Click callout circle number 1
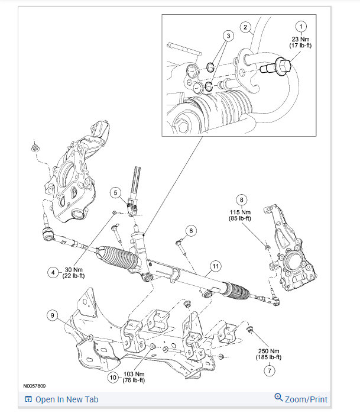[x=301, y=27]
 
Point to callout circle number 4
[x=54, y=272]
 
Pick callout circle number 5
[x=116, y=192]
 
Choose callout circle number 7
[x=270, y=371]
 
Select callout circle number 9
[x=54, y=316]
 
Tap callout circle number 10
[x=113, y=377]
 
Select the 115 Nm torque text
[x=241, y=211]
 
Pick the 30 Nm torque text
[x=75, y=269]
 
